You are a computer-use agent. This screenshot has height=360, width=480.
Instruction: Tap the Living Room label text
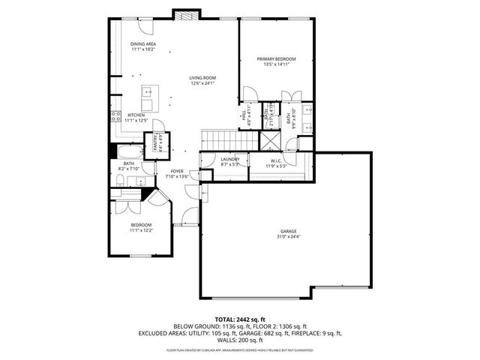[x=202, y=79]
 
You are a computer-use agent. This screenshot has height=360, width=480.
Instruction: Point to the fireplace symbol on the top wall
[x=185, y=14]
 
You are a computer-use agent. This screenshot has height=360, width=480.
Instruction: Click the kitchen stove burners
[x=116, y=116]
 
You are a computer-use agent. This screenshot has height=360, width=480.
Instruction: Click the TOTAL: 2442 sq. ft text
[x=239, y=319]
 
